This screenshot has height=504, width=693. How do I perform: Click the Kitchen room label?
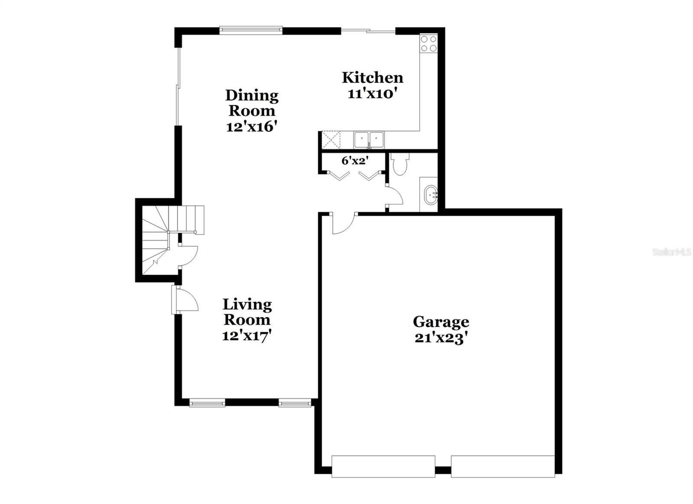pyautogui.click(x=372, y=78)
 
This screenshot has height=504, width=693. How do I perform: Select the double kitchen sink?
pyautogui.click(x=369, y=140)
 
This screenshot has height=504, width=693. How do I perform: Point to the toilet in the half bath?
pyautogui.click(x=398, y=165)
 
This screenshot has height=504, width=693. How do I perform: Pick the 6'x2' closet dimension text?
pyautogui.click(x=355, y=161)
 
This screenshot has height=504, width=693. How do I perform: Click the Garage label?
pyautogui.click(x=440, y=322)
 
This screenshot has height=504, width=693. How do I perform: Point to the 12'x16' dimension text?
pyautogui.click(x=251, y=127)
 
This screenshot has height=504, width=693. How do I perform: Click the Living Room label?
pyautogui.click(x=247, y=312)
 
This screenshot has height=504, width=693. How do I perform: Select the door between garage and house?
pyautogui.click(x=343, y=223)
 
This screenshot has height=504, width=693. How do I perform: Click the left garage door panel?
pyautogui.click(x=383, y=466)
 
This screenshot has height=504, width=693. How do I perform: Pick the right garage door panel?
pyautogui.click(x=502, y=466)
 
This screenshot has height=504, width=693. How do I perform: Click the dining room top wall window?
pyautogui.click(x=251, y=30)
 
